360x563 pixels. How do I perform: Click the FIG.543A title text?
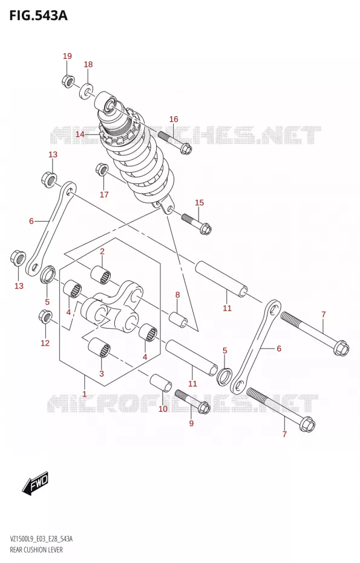[38, 16]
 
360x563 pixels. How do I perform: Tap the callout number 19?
[67, 56]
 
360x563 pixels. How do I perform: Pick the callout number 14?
[80, 134]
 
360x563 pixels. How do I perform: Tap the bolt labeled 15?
[196, 224]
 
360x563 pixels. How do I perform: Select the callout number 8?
[177, 295]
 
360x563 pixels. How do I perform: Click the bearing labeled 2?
[100, 276]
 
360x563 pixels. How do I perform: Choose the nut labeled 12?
[45, 315]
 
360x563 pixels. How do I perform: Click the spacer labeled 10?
[162, 383]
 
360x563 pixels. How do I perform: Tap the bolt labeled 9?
[193, 401]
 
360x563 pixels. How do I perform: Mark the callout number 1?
[85, 394]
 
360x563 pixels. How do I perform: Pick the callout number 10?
[163, 409]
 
